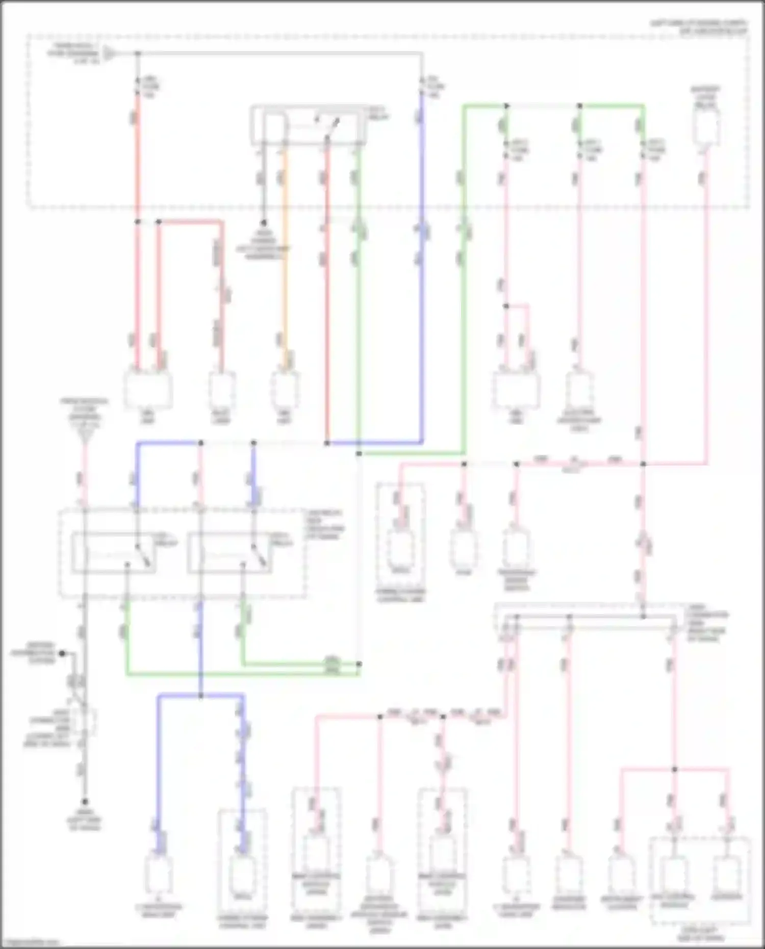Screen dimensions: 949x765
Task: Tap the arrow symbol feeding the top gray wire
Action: [x=109, y=53]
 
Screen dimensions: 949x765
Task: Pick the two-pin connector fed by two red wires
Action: [x=148, y=389]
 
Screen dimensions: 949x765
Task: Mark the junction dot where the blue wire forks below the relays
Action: [x=200, y=696]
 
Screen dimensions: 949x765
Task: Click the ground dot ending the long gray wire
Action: [x=85, y=801]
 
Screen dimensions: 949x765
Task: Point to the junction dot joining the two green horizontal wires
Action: [x=359, y=664]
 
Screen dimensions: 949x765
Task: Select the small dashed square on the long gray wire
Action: [x=88, y=722]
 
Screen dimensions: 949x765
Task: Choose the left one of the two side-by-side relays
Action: [x=114, y=553]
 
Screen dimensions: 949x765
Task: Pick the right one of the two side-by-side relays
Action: [x=229, y=553]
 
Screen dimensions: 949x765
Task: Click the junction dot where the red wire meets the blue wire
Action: [x=327, y=443]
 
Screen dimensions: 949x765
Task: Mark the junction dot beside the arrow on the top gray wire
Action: [x=137, y=53]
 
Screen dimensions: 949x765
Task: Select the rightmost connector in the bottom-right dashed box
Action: [x=726, y=874]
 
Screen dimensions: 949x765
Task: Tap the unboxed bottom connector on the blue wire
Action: [x=159, y=874]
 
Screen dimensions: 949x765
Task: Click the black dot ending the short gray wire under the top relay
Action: [x=264, y=223]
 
